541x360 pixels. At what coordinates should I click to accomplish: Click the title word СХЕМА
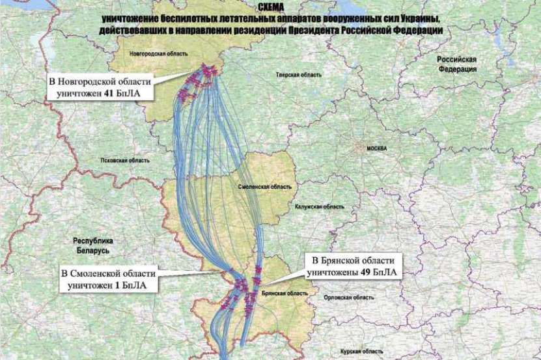[x=271, y=7]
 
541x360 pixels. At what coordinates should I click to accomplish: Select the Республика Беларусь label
[x=93, y=245]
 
